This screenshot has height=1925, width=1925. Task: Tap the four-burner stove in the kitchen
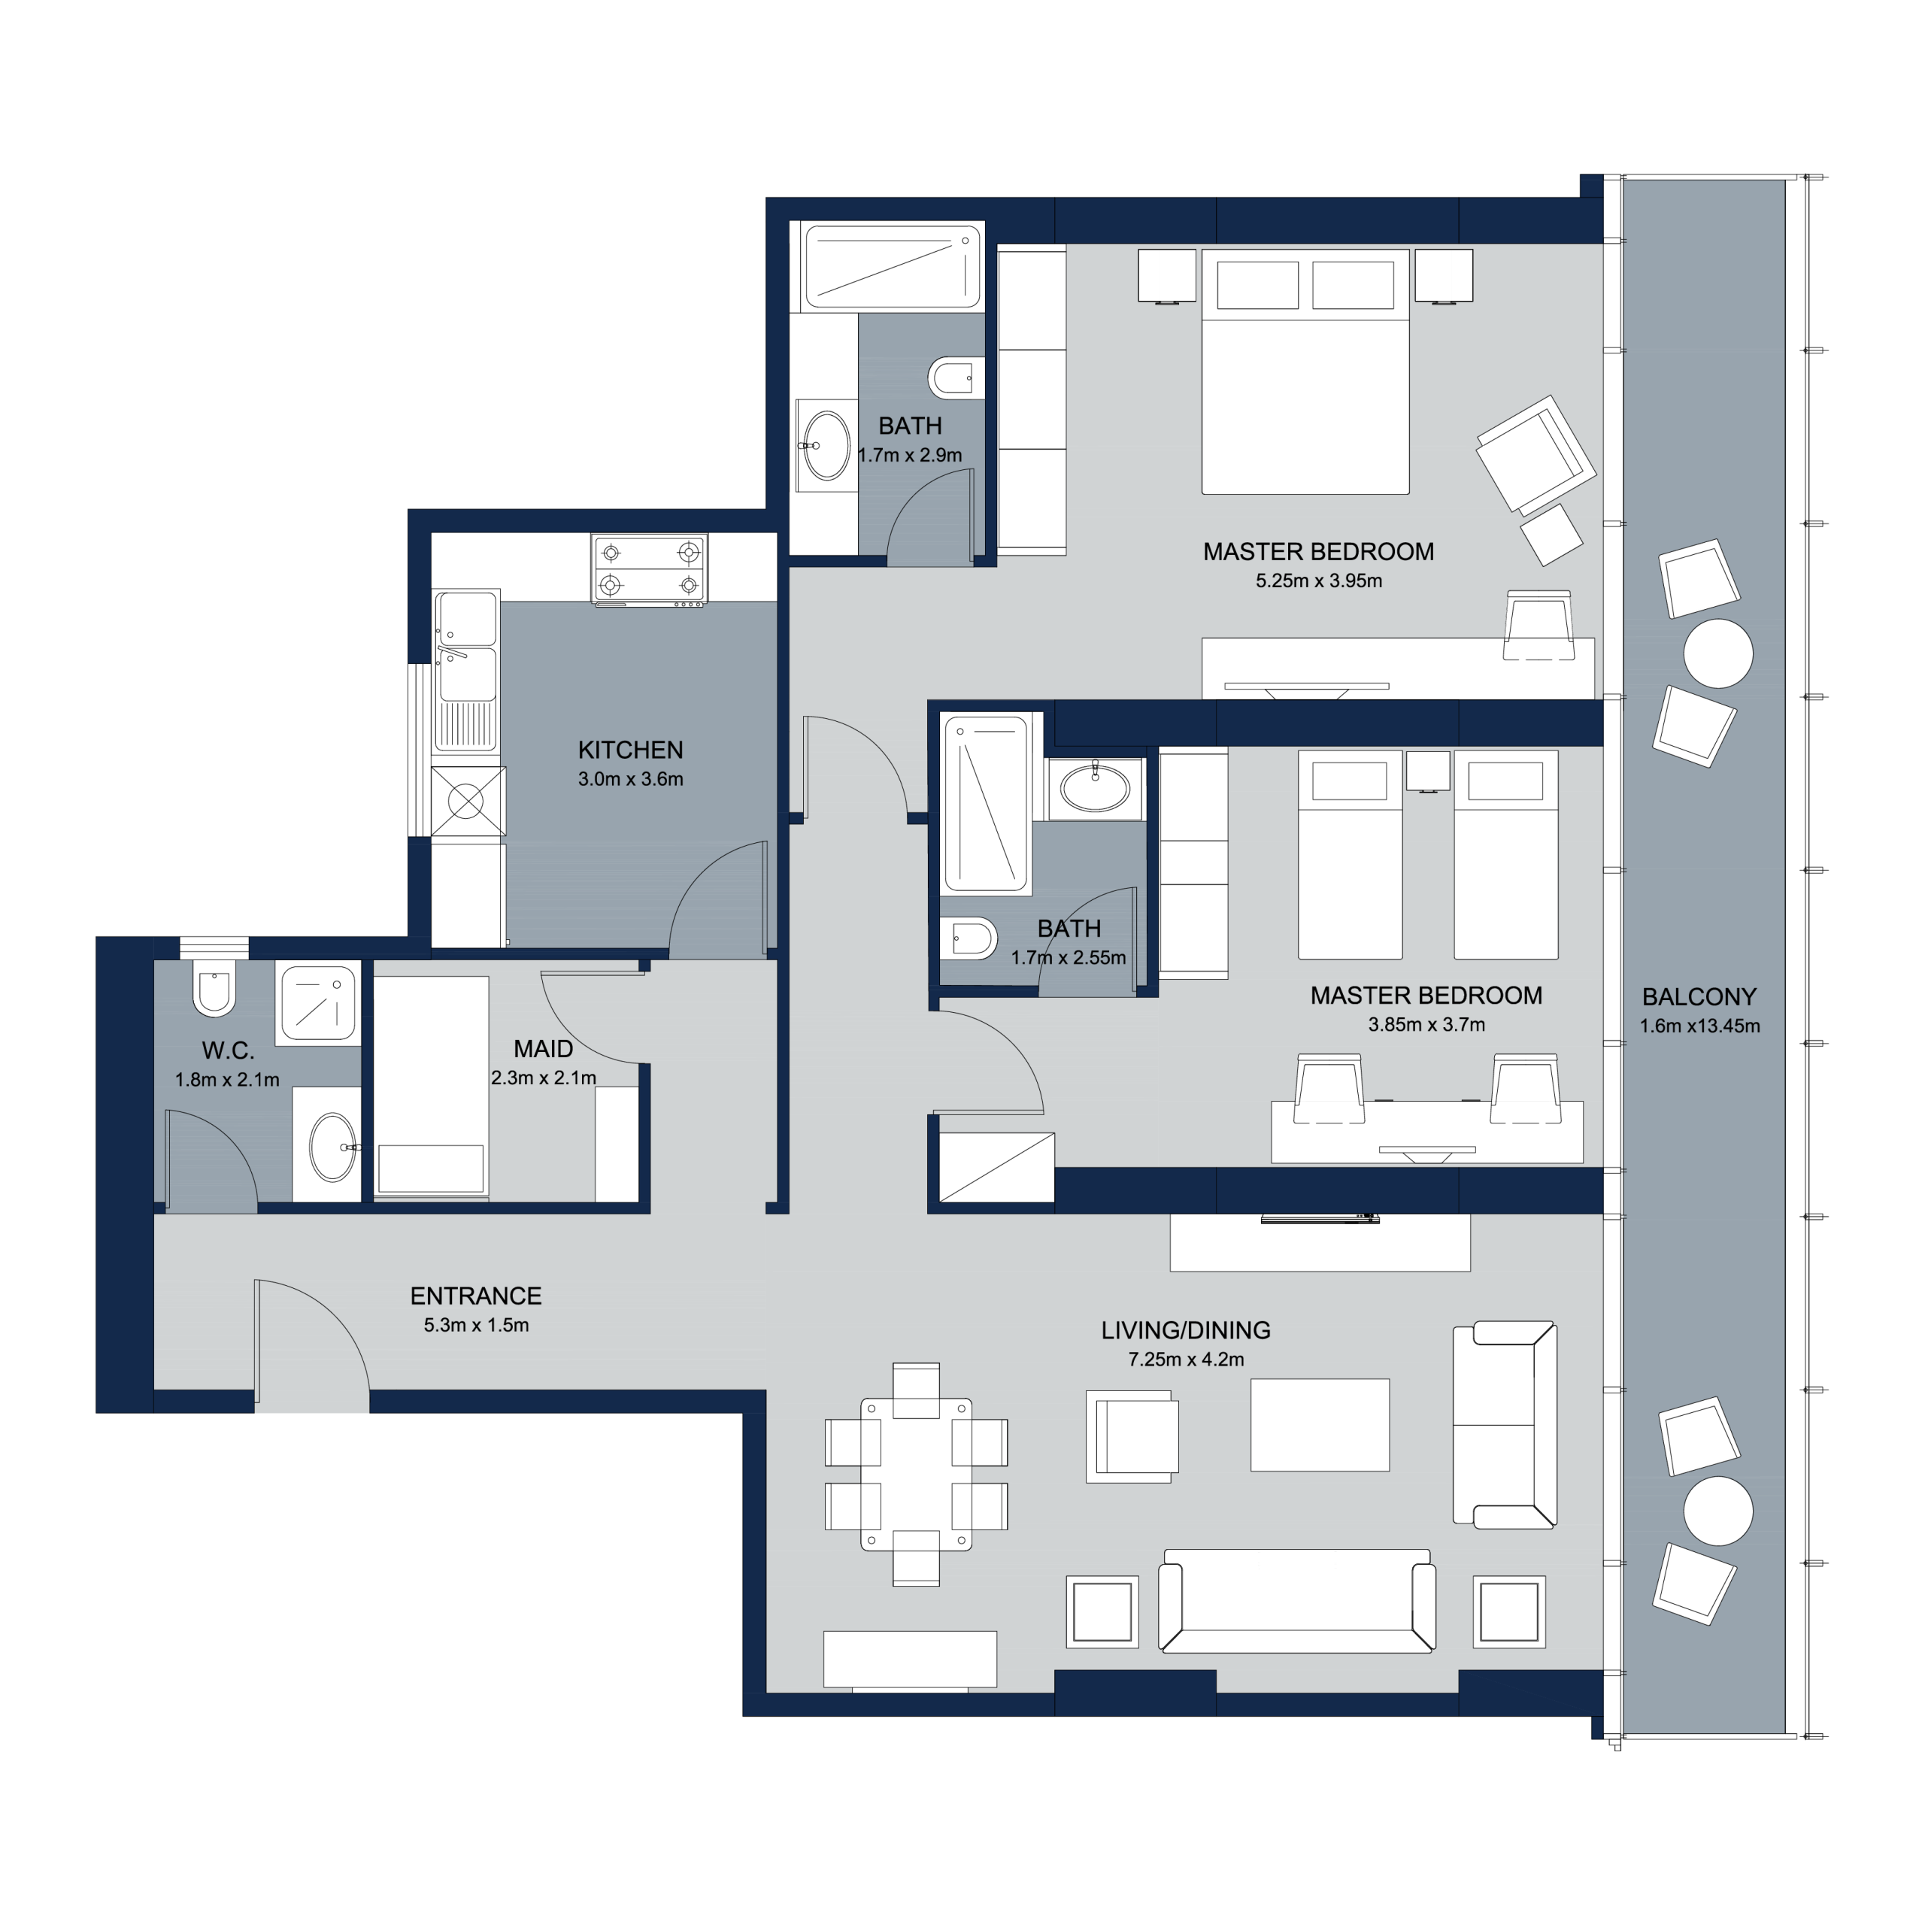coord(650,569)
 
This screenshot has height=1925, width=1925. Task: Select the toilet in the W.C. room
coord(214,987)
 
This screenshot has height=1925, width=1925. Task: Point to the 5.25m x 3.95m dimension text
coord(1318,581)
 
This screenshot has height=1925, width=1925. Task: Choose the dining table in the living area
coord(916,1475)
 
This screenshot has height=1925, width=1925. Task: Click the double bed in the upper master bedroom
coord(1305,371)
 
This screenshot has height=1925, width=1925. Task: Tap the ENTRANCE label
coord(476,1296)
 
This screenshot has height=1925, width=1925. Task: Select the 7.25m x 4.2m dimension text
coord(1186,1359)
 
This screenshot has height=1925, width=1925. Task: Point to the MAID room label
coord(543,1048)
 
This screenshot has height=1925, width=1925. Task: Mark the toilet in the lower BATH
coord(969,938)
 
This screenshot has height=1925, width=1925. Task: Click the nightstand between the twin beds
coord(1428,772)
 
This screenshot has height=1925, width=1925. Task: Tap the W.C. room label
coord(228,1050)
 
